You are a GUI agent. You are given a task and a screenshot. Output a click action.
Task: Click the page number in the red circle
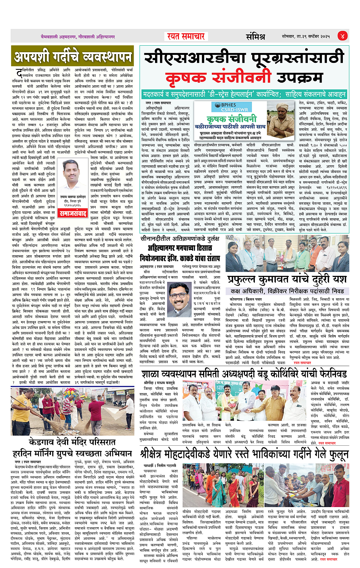pos(342,36)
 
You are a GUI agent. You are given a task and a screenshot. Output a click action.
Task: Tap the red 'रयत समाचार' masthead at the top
pos(186,36)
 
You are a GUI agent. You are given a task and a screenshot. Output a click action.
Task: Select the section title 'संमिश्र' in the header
pos(255,37)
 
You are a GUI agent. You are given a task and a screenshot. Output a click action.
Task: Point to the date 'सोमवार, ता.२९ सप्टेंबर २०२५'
pos(306,36)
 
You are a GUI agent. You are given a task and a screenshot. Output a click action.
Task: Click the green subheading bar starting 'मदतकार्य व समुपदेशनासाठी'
pos(243,94)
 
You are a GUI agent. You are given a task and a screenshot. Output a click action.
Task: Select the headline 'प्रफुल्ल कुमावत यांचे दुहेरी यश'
pos(287,280)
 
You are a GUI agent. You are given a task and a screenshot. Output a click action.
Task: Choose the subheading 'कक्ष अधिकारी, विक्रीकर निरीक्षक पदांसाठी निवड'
pos(287,291)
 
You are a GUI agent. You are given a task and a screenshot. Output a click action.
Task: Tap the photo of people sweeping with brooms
pos(72,412)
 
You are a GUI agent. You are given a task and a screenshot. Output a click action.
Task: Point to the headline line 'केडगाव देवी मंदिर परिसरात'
pos(72,442)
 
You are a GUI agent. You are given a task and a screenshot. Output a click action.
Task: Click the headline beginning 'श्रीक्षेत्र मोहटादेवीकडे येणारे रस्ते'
pos(244,454)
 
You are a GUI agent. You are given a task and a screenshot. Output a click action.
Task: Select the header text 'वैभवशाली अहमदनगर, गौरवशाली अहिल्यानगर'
pos(78,37)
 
